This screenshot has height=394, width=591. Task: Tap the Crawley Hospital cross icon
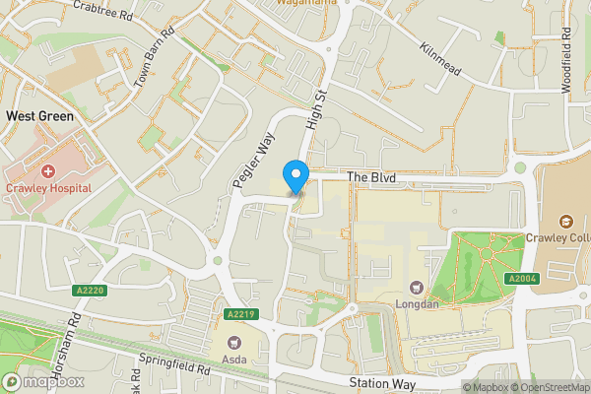tap(48, 171)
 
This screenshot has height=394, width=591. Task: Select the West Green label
tap(40, 115)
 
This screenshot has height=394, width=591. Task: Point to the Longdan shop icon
tap(416, 288)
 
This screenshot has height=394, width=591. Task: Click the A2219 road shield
tap(240, 314)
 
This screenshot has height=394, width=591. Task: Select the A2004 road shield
tap(521, 280)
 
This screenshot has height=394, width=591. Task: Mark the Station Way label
tap(382, 382)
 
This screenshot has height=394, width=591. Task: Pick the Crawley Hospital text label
tap(48, 188)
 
